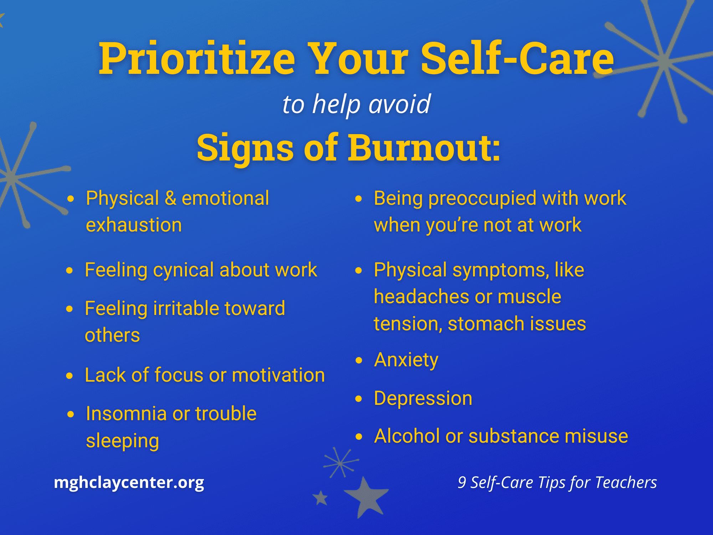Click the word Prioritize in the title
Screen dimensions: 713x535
coord(197,59)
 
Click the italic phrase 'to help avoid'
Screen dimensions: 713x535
coord(356,105)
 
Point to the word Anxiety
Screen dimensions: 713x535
coord(406,360)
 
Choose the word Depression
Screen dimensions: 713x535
coord(423,399)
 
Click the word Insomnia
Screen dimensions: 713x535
coord(127,414)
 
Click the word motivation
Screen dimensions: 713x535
coord(278,375)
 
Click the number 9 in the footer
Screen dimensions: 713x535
coord(462,483)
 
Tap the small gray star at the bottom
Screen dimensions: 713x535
coord(320,498)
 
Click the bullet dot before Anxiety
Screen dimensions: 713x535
coord(359,361)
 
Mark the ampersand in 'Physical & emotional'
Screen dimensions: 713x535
coord(170,198)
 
